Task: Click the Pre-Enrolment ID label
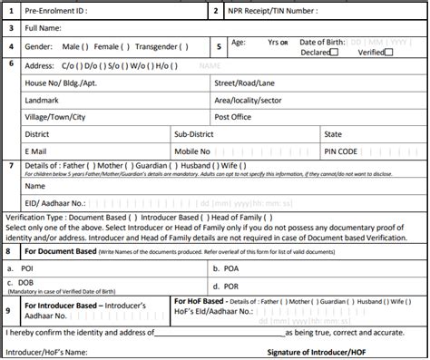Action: click(x=54, y=11)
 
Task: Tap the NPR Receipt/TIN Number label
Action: click(x=275, y=11)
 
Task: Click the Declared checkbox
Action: click(x=335, y=52)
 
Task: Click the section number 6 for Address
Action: click(x=9, y=64)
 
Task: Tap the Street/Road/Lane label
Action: click(x=245, y=83)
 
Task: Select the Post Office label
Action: click(x=234, y=116)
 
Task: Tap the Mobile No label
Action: click(x=193, y=151)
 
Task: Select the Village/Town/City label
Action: click(x=56, y=116)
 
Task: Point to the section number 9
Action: click(x=9, y=310)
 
